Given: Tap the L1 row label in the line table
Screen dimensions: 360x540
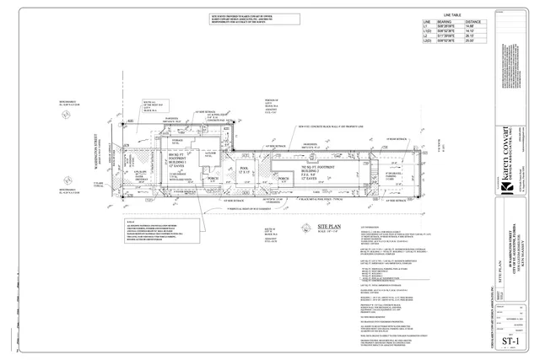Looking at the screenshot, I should (x=426, y=27).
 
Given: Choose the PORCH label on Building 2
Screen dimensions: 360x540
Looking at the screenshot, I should (x=283, y=179).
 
